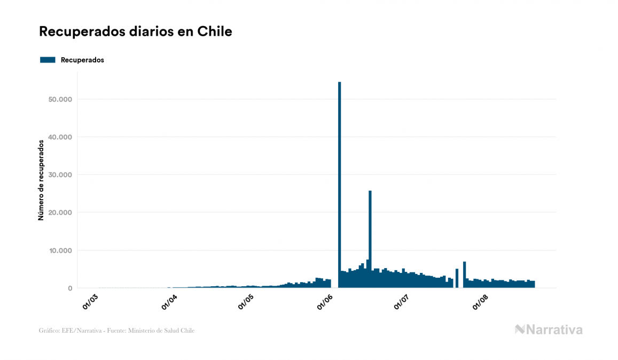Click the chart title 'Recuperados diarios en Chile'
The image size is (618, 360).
pos(135,32)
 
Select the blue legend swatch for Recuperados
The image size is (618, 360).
pos(48,60)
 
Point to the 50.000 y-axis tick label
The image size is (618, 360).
pos(60,99)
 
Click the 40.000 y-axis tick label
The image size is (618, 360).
pos(60,137)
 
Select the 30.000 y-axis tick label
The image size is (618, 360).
pos(60,175)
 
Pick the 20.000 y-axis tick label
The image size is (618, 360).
pos(60,213)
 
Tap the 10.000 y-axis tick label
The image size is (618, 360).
pos(60,251)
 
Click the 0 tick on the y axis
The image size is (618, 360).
pos(69,288)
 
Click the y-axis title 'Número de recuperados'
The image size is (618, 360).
pos(41,180)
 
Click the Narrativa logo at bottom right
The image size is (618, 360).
pos(549,330)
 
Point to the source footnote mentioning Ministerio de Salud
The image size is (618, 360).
pos(116,331)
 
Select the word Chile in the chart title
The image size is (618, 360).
pos(215,32)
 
